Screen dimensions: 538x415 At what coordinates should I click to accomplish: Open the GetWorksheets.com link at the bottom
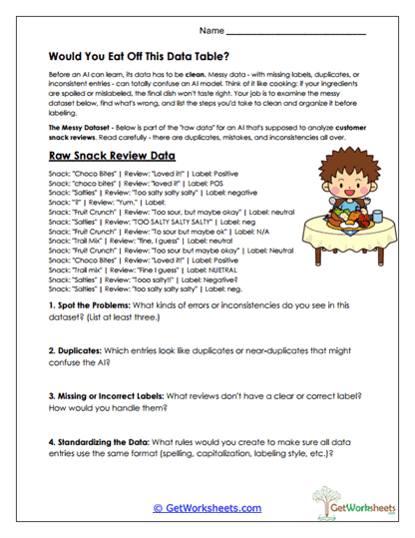207,508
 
